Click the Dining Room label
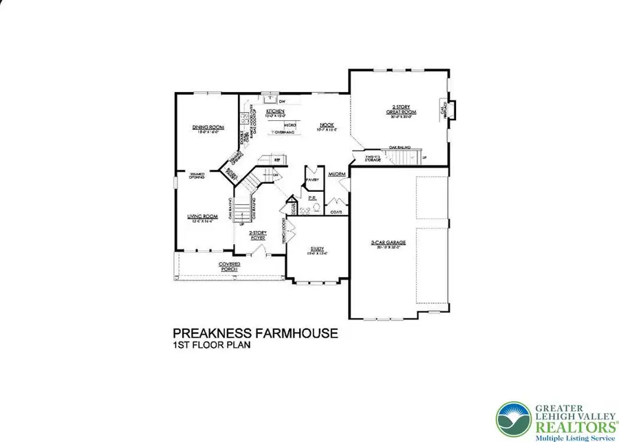pos(208,127)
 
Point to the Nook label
pos(327,125)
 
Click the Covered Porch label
pos(230,265)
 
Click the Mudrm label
pos(337,175)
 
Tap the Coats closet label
pos(336,212)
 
